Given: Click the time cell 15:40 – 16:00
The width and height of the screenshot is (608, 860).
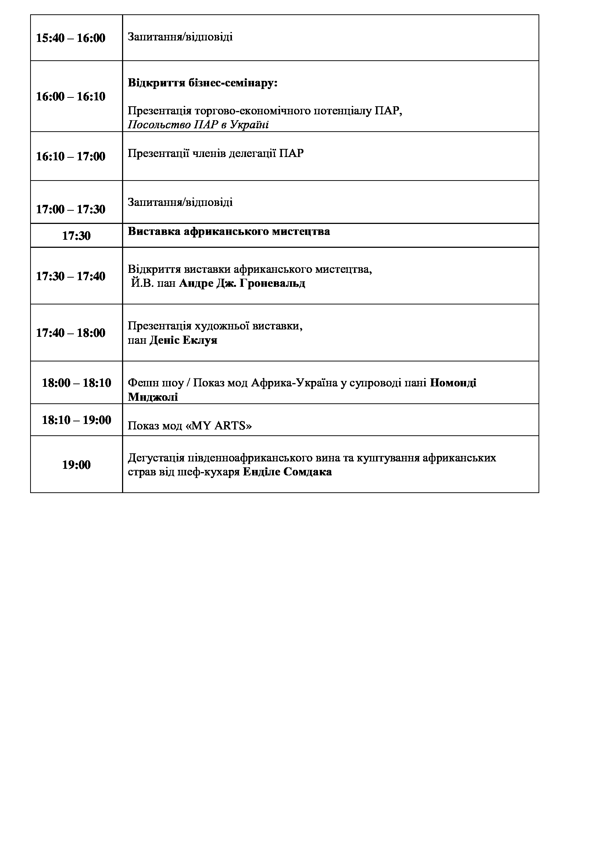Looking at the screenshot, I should pyautogui.click(x=71, y=38).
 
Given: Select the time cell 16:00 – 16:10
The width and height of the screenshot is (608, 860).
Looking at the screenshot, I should pyautogui.click(x=71, y=97).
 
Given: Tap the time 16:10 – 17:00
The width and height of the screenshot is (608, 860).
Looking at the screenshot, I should pyautogui.click(x=71, y=156).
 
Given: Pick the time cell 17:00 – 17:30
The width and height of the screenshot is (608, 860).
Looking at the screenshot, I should pyautogui.click(x=71, y=209).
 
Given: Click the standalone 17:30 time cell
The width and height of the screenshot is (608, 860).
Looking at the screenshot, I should pyautogui.click(x=76, y=236).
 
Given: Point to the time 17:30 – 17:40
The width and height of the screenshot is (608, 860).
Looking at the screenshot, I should pyautogui.click(x=71, y=276).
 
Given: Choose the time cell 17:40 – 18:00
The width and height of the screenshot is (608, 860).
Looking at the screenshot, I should pyautogui.click(x=71, y=333).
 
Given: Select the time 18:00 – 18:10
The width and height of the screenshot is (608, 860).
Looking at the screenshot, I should pyautogui.click(x=76, y=383).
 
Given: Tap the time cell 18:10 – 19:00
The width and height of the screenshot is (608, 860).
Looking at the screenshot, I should pyautogui.click(x=76, y=420).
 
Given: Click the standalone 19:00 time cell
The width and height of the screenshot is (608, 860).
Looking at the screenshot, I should pyautogui.click(x=76, y=465).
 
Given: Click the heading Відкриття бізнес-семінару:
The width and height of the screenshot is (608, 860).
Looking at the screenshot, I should pyautogui.click(x=203, y=83).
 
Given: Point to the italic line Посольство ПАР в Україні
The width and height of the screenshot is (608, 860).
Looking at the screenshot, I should pyautogui.click(x=198, y=124).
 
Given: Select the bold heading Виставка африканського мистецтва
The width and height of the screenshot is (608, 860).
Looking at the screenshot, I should pyautogui.click(x=229, y=232).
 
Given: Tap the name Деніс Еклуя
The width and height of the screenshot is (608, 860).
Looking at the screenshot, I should pyautogui.click(x=183, y=340).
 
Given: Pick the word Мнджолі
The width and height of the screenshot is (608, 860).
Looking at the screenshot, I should pyautogui.click(x=153, y=397).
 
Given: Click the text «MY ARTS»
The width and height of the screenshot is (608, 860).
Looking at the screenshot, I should pyautogui.click(x=219, y=426).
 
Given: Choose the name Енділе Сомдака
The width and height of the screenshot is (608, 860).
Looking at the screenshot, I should pyautogui.click(x=287, y=472).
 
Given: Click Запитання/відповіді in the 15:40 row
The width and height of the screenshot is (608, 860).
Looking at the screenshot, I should pyautogui.click(x=180, y=37).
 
